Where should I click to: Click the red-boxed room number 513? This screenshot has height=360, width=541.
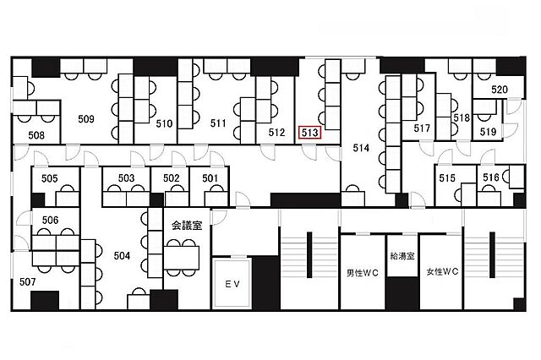pos(310,133)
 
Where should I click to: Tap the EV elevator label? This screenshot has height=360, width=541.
pos(232,284)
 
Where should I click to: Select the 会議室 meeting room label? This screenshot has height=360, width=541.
pos(187,226)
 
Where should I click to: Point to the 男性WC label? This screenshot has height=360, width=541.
pos(363,273)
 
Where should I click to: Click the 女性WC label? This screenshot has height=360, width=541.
pos(442,272)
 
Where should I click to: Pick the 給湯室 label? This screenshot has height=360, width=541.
pos(402,256)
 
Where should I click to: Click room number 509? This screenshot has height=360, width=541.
pos(86,119)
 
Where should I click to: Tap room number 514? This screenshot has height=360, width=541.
pos(361,148)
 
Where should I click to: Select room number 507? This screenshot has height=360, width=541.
pos(28,282)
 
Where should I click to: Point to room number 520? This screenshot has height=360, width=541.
pos(500,90)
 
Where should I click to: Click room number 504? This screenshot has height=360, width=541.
pos(122,255)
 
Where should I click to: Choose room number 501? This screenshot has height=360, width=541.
pos(210,178)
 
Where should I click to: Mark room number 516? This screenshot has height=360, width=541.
pos(491,177)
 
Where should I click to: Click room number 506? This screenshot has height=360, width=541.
pos(51,220)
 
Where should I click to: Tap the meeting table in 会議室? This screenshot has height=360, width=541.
pos(182,258)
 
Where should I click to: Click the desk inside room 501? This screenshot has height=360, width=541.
pos(216,199)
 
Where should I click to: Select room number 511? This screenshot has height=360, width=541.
pos(218,123)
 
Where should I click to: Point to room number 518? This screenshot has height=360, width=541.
pos(462,118)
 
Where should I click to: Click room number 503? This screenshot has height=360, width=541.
pos(126,178)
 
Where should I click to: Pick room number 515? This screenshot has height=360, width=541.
pos(447,178)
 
